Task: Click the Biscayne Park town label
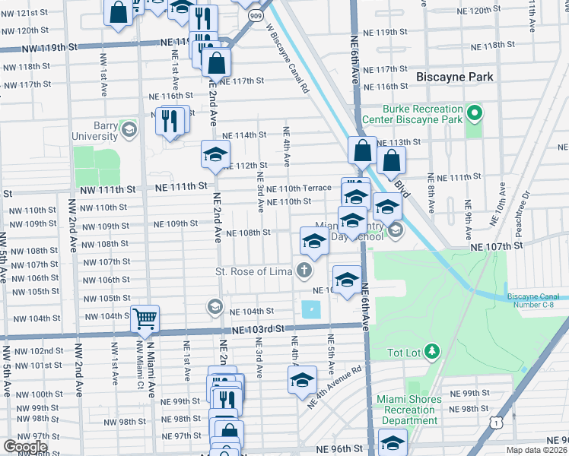(x=455, y=77)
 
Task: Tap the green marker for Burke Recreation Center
(x=475, y=114)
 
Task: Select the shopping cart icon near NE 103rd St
(x=144, y=319)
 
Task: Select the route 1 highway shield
(x=496, y=422)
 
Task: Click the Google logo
(x=26, y=446)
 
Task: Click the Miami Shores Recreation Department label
(x=409, y=410)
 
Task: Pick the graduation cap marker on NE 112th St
(x=215, y=154)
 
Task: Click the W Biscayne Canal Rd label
(x=288, y=58)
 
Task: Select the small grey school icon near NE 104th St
(x=215, y=307)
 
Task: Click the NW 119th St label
(x=51, y=46)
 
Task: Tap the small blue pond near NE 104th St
(x=311, y=309)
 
